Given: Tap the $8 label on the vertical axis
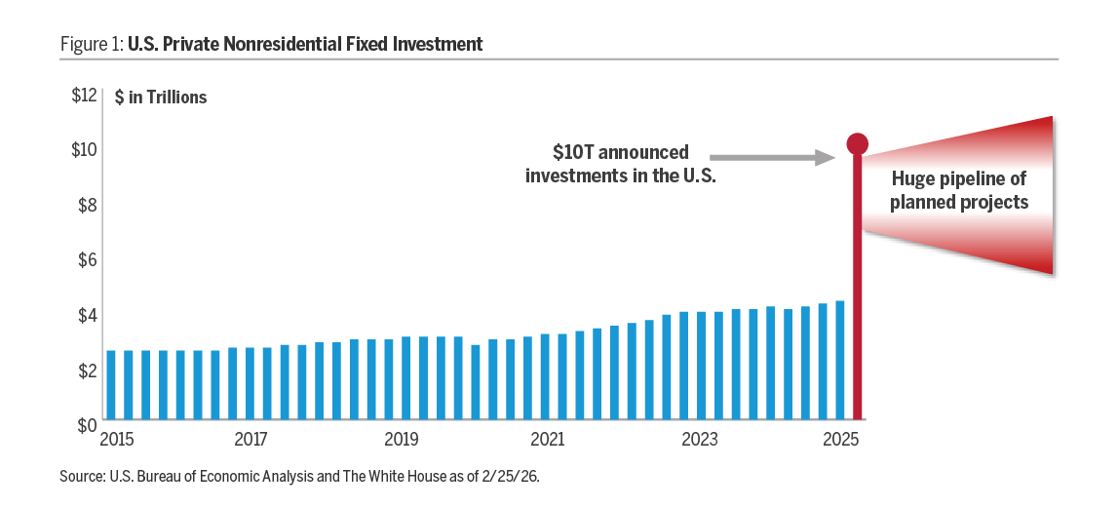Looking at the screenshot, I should click(x=86, y=205).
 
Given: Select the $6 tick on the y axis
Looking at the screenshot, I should click(x=86, y=259).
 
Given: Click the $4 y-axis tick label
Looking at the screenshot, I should click(x=86, y=315).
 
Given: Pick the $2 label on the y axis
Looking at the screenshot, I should click(x=86, y=371).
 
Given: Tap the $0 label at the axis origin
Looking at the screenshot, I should click(x=86, y=425).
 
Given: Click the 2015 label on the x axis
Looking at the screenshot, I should click(x=117, y=440).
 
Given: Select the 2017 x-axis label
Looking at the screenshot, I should click(x=251, y=440).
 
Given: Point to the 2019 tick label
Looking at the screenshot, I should click(x=400, y=440).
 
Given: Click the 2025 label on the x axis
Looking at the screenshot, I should click(x=840, y=440).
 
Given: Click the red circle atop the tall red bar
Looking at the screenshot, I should click(x=857, y=144).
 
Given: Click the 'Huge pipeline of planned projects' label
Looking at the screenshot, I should click(x=959, y=191).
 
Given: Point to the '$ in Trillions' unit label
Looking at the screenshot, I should click(x=161, y=98).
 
